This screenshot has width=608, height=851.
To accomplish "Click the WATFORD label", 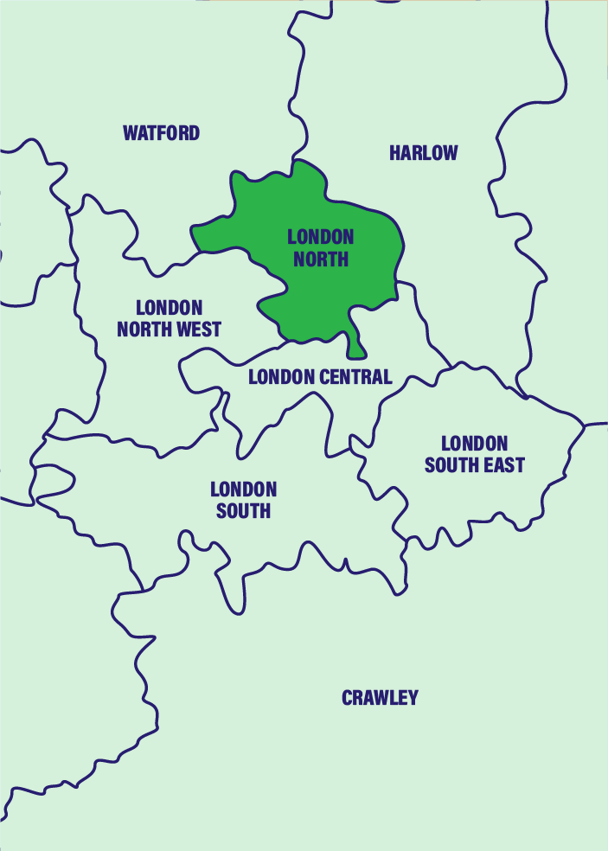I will tap(161, 133).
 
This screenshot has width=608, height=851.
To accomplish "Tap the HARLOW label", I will tap(423, 153).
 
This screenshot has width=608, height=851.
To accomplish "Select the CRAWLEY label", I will tap(380, 698).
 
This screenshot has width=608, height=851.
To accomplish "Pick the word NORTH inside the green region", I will tap(321, 259).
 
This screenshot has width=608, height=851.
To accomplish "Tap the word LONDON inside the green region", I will tap(321, 237).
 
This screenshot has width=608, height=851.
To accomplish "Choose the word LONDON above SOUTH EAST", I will tap(474, 444).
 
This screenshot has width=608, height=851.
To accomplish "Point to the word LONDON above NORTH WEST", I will tap(170, 308).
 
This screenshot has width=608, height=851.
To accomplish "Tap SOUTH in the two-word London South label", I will tap(243, 511).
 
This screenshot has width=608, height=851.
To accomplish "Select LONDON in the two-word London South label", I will tap(243, 489).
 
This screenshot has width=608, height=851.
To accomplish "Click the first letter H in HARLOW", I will tap(394, 153).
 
